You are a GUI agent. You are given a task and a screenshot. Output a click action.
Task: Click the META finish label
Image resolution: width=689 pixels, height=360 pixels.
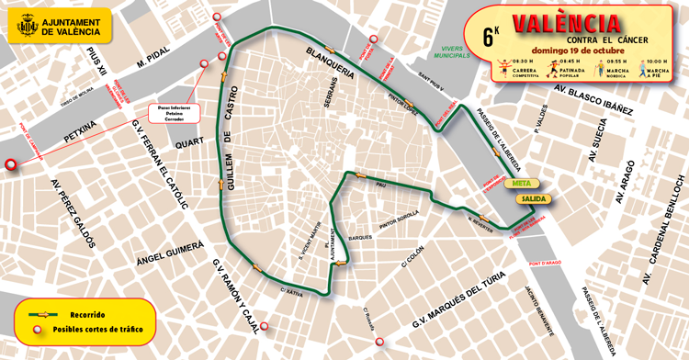pyautogui.click(x=525, y=183)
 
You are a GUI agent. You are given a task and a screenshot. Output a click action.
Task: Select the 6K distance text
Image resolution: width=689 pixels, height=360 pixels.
pyautogui.click(x=491, y=37)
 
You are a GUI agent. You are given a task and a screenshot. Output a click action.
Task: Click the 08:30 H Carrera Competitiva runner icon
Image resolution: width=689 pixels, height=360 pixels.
pyautogui.click(x=503, y=68)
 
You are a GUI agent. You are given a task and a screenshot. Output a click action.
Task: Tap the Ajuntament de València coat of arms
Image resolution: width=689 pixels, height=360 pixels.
pyautogui.click(x=25, y=26)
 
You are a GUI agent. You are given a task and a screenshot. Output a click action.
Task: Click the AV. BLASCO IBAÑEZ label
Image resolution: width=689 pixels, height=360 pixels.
pyautogui.click(x=593, y=98)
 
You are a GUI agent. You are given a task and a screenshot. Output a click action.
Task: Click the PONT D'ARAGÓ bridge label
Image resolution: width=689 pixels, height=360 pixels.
pyautogui.click(x=545, y=264)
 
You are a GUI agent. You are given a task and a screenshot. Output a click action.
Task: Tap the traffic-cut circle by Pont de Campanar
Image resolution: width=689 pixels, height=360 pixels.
pyautogui.click(x=11, y=165)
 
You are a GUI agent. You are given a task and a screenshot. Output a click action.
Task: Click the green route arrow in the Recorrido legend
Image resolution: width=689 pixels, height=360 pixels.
pyautogui.click(x=40, y=314)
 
